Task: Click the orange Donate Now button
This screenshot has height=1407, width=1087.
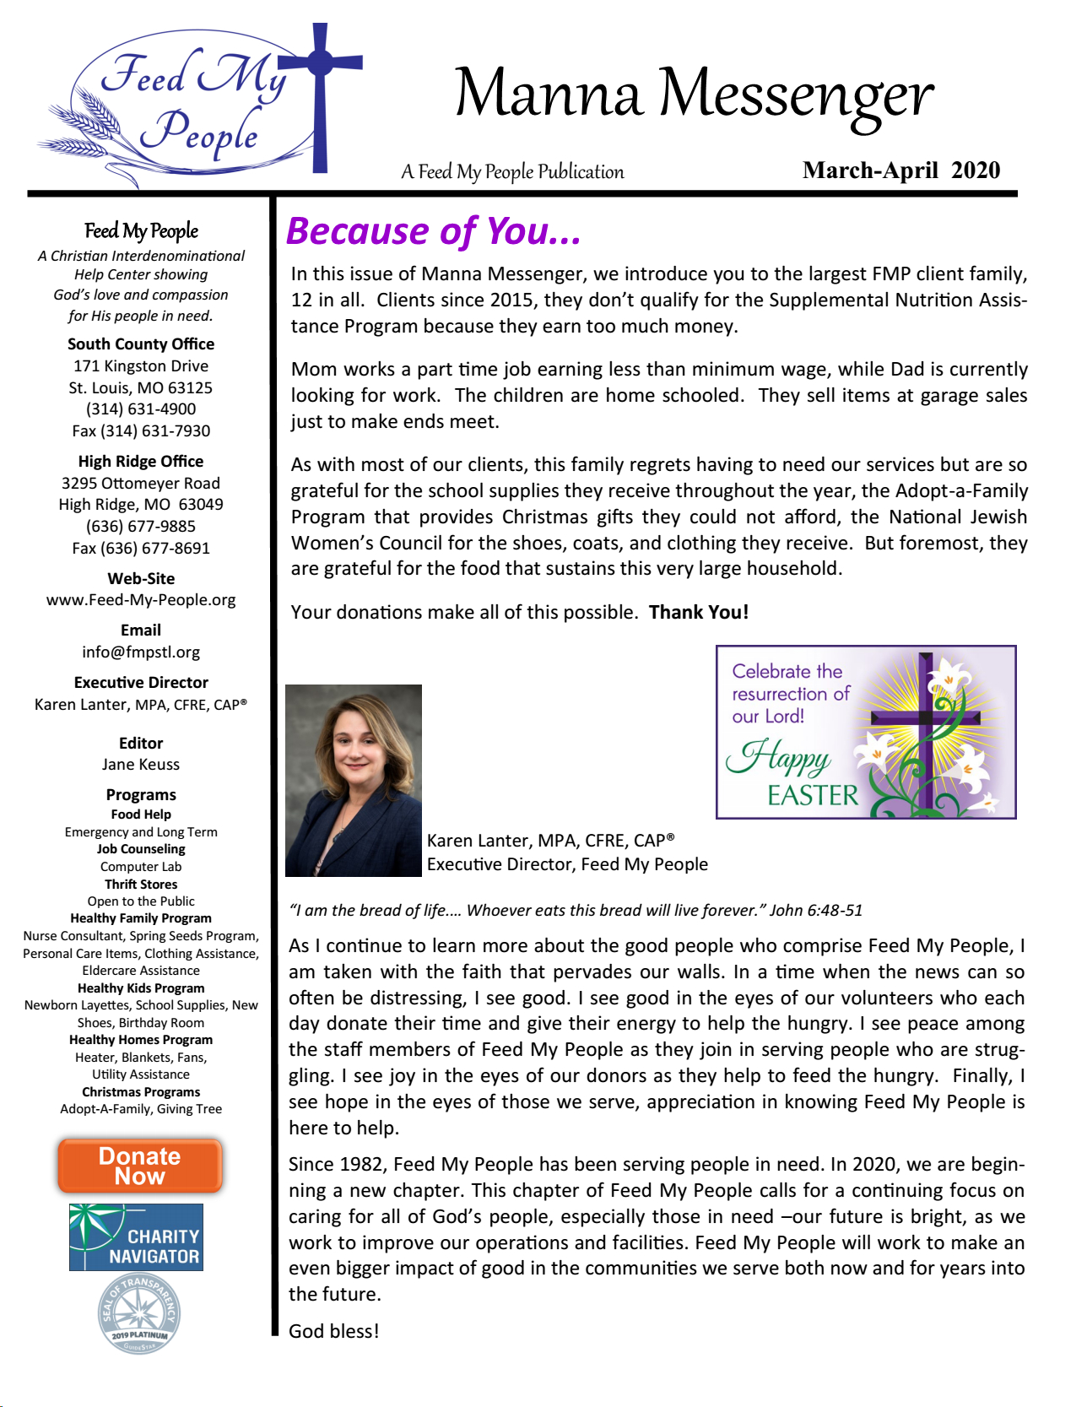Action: tap(140, 1166)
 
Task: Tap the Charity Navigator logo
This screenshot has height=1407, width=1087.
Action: tap(136, 1237)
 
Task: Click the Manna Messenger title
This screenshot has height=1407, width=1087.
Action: tap(694, 94)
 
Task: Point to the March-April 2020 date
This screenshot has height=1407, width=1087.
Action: tap(900, 170)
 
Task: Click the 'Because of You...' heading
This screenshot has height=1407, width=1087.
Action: tap(434, 231)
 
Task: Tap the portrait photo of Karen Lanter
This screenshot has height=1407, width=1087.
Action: tap(354, 780)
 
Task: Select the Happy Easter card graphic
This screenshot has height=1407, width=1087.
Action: tap(866, 732)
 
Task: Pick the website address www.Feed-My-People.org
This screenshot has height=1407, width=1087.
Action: tap(141, 600)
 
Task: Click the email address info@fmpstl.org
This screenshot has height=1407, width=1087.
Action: tap(141, 652)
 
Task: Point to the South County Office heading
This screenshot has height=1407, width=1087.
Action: tap(141, 344)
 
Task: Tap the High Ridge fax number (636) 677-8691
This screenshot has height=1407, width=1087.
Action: tap(141, 549)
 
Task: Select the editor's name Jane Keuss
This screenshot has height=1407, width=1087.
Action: tap(141, 765)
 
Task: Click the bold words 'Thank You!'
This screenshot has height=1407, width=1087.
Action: tap(699, 613)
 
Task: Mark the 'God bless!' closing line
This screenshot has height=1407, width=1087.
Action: tap(334, 1332)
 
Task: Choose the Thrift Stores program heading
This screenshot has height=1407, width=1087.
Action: tap(141, 885)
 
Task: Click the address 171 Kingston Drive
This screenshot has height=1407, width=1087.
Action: tap(141, 366)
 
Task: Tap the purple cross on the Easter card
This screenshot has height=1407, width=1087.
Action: tap(927, 717)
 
